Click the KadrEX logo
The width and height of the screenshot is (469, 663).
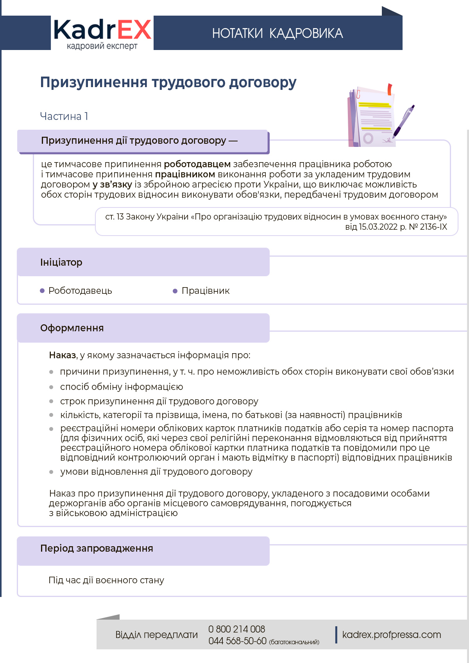(102, 34)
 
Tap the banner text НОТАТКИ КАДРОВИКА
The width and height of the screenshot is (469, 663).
(277, 34)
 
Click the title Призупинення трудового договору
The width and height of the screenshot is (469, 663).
(168, 82)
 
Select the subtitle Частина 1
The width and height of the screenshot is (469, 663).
(64, 116)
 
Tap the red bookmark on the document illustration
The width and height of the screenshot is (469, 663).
(390, 89)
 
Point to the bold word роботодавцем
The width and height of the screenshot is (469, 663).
(197, 164)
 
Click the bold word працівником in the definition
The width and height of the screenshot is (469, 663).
(185, 174)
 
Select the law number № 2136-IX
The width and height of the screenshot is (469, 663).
(428, 227)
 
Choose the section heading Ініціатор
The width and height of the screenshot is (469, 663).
(61, 263)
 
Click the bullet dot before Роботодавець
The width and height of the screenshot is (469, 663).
(42, 291)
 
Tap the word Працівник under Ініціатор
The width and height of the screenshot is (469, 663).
(206, 291)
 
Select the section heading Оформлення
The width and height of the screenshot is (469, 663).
(72, 328)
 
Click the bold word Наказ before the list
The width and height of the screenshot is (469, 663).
(63, 355)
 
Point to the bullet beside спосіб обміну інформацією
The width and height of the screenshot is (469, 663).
(51, 387)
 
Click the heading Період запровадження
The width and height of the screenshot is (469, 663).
(97, 549)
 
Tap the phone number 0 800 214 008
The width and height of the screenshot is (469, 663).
(236, 629)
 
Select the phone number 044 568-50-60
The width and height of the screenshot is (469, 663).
(237, 641)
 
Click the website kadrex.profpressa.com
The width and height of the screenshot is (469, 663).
(391, 635)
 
